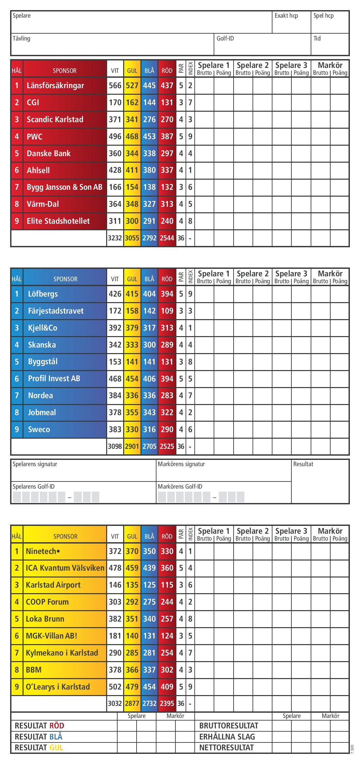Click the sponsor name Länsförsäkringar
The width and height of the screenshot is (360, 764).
[x=55, y=86]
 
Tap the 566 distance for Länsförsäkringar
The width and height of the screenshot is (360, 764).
[x=115, y=86]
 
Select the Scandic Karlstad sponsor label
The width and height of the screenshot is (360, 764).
[x=55, y=120]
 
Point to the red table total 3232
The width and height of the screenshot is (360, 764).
[x=115, y=238]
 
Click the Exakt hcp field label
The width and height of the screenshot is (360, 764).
[x=286, y=16]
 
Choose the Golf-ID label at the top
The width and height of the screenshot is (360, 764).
[x=225, y=39]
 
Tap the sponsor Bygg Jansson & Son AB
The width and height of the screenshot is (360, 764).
[x=64, y=187]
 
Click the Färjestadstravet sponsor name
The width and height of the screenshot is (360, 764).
[x=56, y=311]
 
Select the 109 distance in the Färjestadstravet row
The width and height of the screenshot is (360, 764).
[x=167, y=311]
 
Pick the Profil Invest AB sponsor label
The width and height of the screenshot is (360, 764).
[x=54, y=379]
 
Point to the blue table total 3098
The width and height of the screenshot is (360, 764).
[x=115, y=447]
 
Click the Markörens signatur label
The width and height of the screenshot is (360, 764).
[x=181, y=464]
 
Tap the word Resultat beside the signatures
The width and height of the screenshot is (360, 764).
[x=303, y=464]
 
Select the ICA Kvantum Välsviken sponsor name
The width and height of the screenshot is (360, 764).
[x=65, y=568]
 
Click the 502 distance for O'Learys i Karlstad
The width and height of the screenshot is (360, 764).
[x=115, y=687]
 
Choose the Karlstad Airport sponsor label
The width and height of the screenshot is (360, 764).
[x=53, y=585]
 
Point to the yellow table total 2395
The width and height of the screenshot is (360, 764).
[x=167, y=704]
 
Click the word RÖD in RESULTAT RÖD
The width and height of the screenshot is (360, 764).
[x=57, y=726]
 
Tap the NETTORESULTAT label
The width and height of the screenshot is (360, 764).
[x=226, y=748]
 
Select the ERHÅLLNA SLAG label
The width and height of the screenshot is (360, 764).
[x=227, y=737]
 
